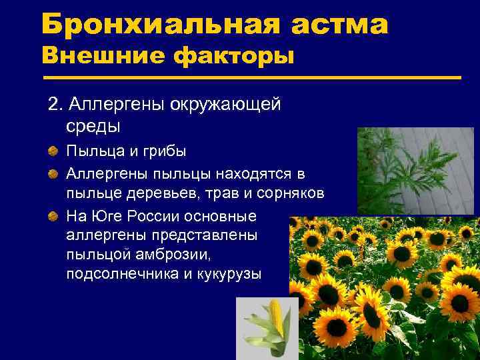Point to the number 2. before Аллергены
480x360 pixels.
pos(55,105)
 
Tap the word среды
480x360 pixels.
pos(93,125)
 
